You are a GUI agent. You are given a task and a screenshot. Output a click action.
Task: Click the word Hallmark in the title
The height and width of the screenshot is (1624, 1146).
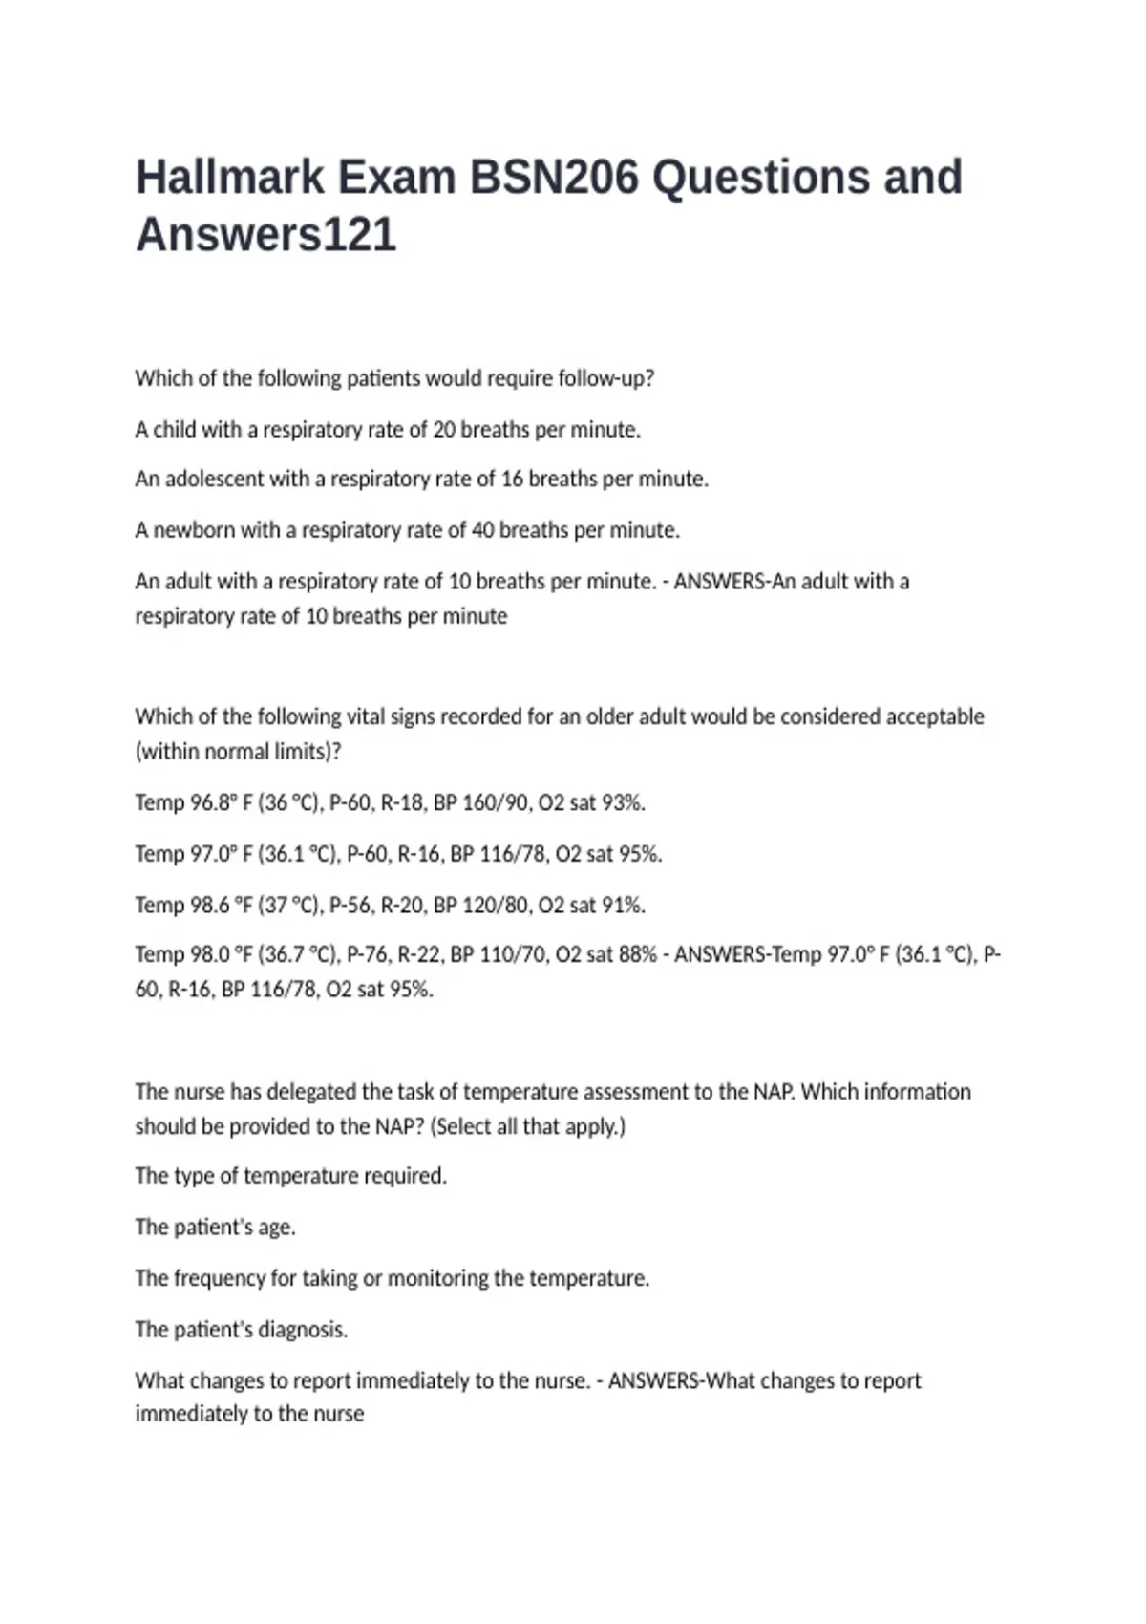click(229, 178)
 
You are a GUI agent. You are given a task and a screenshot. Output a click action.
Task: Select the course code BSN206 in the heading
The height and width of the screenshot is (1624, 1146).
click(553, 178)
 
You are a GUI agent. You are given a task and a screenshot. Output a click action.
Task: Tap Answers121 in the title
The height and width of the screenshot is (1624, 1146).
click(265, 235)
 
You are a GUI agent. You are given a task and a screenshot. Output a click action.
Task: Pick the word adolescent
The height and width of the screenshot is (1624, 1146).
click(214, 479)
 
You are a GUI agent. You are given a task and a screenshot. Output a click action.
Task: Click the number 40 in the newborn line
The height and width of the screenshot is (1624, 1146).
click(482, 530)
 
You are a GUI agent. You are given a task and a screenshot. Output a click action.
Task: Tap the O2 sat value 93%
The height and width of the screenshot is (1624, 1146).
click(624, 802)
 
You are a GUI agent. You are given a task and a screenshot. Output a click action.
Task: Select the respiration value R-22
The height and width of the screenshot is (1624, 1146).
click(413, 954)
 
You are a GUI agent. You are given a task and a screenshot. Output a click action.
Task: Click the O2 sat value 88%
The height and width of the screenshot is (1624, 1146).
click(636, 954)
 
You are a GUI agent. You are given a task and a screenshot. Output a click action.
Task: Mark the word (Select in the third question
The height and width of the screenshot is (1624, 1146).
click(461, 1126)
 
